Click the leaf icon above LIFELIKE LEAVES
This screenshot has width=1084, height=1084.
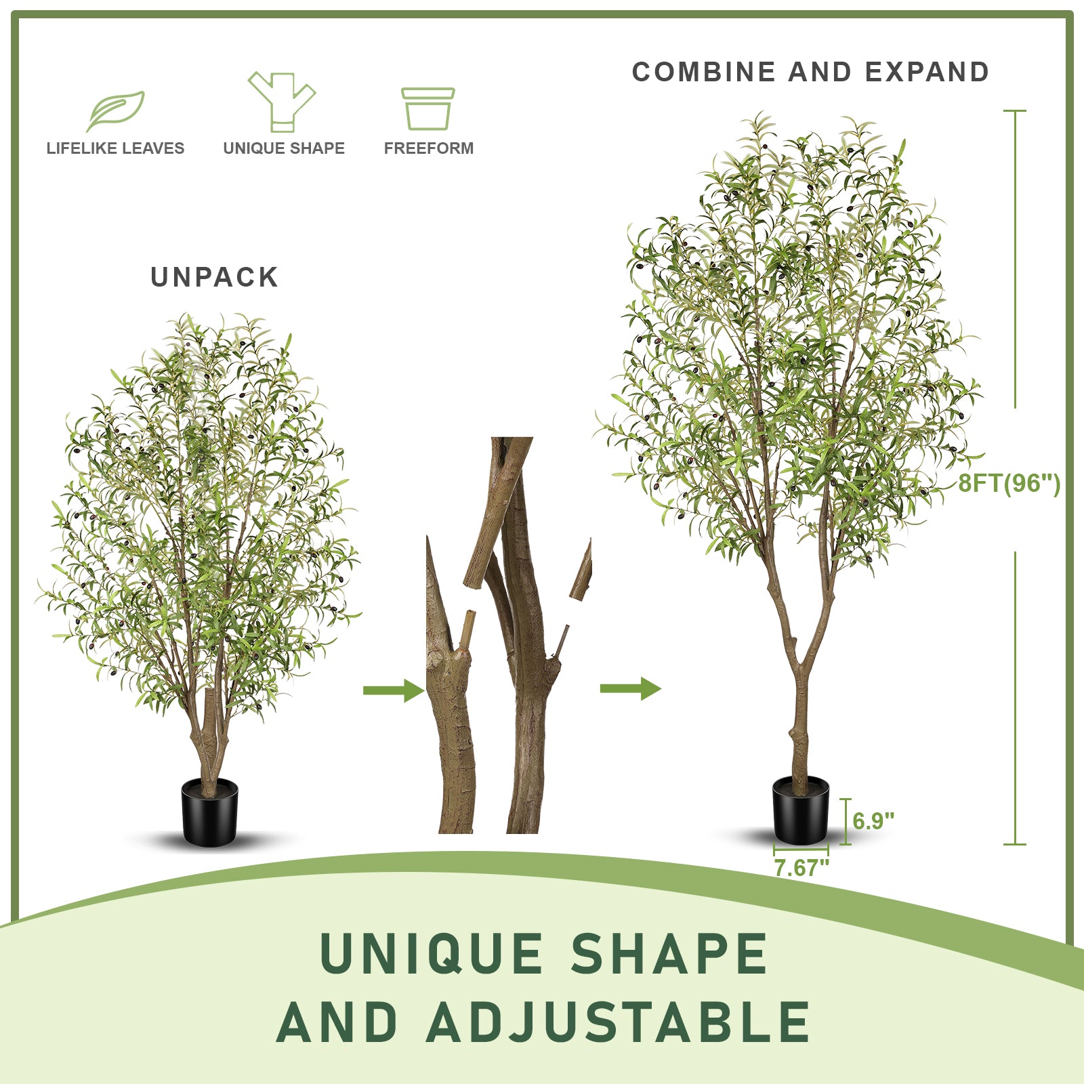click(115, 110)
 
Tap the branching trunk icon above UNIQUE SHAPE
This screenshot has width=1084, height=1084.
click(282, 102)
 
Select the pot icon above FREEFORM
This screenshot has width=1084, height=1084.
click(428, 108)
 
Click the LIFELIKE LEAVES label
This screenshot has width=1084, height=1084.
click(115, 148)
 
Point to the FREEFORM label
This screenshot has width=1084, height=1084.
click(429, 148)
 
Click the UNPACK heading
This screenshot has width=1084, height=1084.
click(214, 277)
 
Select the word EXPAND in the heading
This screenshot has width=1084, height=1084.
click(927, 72)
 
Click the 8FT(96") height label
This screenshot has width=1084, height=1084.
click(1009, 483)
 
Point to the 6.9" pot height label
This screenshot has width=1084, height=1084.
click(873, 821)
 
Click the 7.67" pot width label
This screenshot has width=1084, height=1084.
click(801, 867)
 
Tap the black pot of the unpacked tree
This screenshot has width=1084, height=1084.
click(210, 812)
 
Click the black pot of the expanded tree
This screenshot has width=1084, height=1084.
click(801, 810)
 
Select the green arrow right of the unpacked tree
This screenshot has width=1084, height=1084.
click(394, 690)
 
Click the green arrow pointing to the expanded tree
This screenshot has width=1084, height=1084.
click(630, 689)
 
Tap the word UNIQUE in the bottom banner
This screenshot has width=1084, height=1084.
click(432, 954)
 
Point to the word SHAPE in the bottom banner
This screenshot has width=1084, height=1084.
click(669, 954)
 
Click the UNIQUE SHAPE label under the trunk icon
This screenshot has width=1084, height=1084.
click(284, 148)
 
